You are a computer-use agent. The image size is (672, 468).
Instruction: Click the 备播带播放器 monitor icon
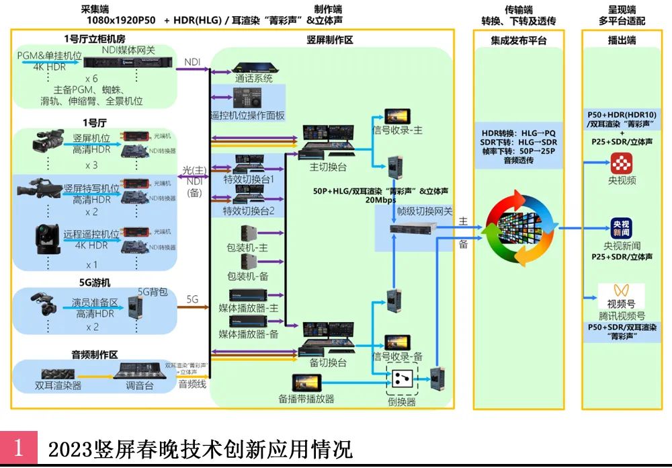[306, 383]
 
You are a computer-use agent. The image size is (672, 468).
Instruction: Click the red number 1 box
[19, 447]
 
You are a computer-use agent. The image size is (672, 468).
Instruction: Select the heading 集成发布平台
[518, 40]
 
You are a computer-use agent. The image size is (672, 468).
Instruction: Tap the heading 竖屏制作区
[329, 40]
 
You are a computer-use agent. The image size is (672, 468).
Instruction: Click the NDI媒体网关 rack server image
[128, 62]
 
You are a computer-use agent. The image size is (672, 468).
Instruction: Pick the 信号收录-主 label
[397, 130]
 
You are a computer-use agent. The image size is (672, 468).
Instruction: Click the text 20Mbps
[380, 200]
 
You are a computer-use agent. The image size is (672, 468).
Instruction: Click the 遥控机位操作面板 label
[247, 116]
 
